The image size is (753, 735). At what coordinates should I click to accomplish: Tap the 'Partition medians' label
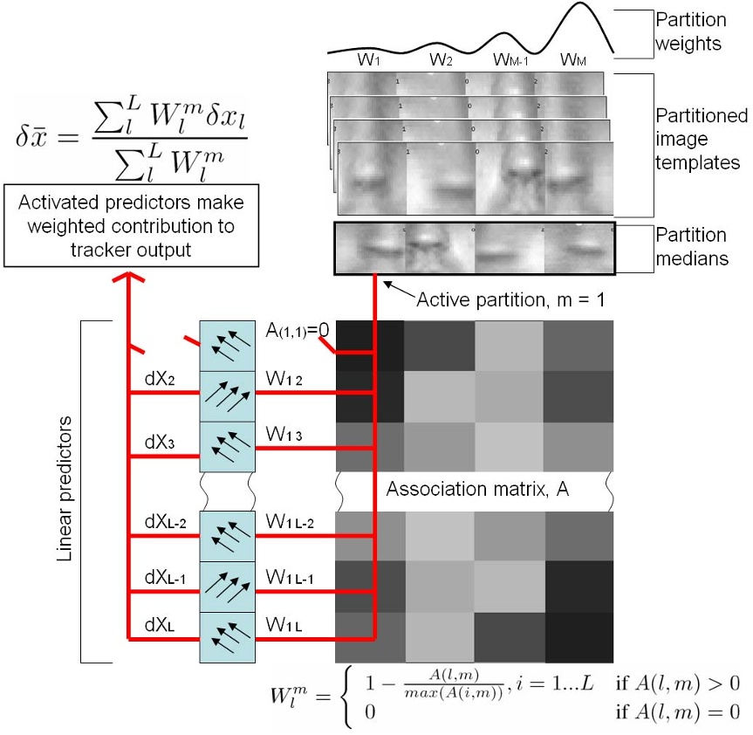click(692, 246)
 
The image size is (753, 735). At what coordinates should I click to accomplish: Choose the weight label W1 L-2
click(289, 524)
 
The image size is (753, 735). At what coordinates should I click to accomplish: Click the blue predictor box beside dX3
click(226, 447)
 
